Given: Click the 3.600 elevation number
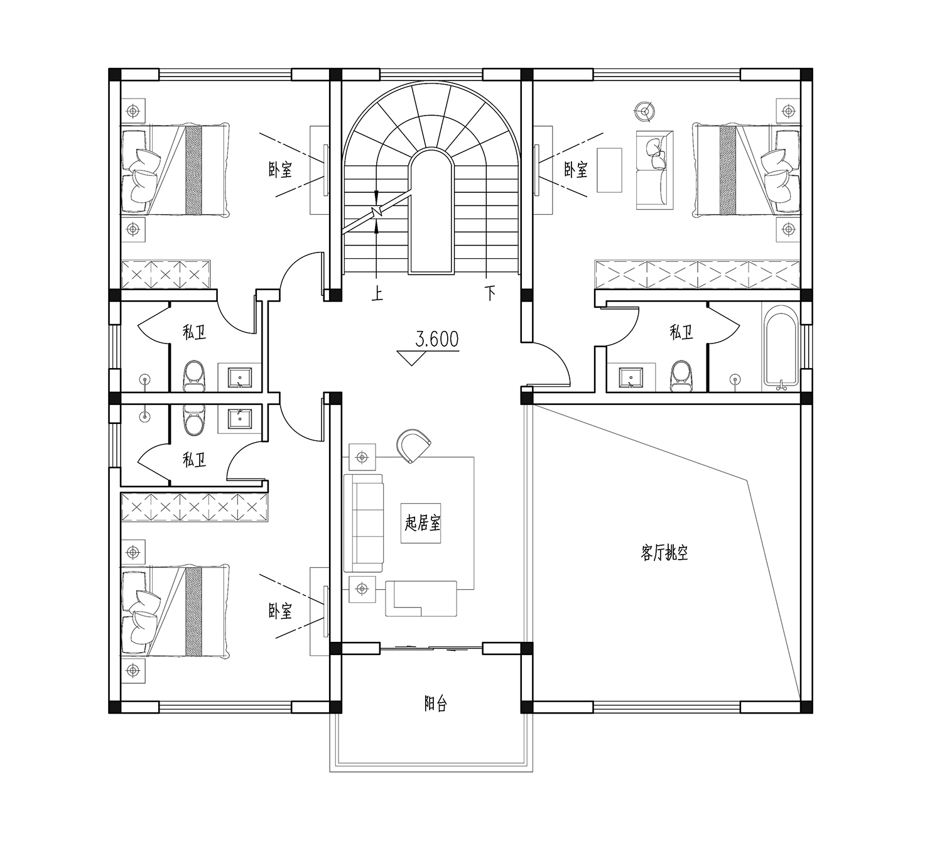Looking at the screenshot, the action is click(436, 339).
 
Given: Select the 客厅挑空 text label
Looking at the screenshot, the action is click(664, 553).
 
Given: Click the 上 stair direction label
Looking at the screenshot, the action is click(377, 294).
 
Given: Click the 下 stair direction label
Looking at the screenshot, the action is click(490, 294).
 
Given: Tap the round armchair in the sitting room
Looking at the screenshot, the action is click(413, 445).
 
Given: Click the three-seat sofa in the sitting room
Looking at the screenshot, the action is click(364, 523).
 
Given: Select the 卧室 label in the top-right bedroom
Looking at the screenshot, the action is click(576, 170).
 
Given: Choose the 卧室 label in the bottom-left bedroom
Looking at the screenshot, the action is click(280, 612).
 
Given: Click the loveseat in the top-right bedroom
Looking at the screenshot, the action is click(654, 170).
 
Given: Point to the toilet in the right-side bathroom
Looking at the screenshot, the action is click(680, 376).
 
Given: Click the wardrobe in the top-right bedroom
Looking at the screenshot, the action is click(697, 274).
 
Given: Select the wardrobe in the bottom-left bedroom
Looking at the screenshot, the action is click(195, 507).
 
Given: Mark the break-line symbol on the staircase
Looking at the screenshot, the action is click(376, 212).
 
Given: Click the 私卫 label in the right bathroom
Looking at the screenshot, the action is click(681, 332).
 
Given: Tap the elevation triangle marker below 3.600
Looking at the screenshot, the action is click(412, 358).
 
